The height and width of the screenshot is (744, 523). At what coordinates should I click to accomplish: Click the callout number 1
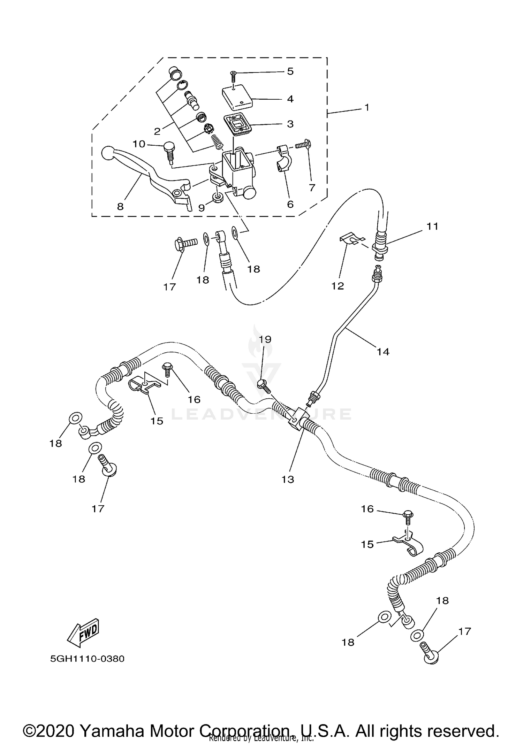click(366, 107)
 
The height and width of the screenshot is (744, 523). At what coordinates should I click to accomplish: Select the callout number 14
click(382, 352)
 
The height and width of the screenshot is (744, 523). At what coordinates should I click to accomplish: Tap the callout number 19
click(265, 339)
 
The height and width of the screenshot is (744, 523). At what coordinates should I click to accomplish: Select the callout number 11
click(432, 227)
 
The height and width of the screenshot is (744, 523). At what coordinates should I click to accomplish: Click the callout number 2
click(157, 131)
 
